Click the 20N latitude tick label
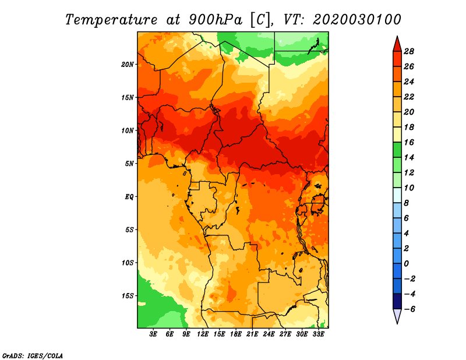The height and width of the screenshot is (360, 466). click(x=127, y=65)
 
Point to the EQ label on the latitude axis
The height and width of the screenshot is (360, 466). click(x=129, y=197)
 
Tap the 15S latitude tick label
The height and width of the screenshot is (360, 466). click(x=128, y=296)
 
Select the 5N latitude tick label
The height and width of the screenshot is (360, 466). click(x=129, y=164)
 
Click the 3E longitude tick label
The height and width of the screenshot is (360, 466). click(x=153, y=334)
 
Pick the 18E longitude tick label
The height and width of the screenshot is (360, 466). click(x=236, y=334)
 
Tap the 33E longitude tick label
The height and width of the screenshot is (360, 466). click(x=318, y=334)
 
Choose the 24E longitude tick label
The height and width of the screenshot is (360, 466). click(x=269, y=334)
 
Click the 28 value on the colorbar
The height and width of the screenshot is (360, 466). click(x=409, y=51)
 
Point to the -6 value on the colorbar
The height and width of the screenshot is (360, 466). click(x=409, y=309)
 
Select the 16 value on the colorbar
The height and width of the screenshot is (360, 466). click(x=409, y=142)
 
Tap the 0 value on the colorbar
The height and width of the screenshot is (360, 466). click(x=406, y=264)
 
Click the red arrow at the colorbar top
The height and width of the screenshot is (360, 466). click(x=397, y=44)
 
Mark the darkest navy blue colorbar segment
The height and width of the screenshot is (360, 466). click(x=397, y=301)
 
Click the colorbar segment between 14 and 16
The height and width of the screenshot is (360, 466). click(x=397, y=150)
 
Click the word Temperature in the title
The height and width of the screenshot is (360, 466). click(x=111, y=20)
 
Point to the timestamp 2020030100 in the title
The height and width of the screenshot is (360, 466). click(x=357, y=20)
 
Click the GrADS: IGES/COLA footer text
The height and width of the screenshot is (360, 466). click(x=33, y=355)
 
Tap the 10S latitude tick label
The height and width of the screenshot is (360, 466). click(x=128, y=263)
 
